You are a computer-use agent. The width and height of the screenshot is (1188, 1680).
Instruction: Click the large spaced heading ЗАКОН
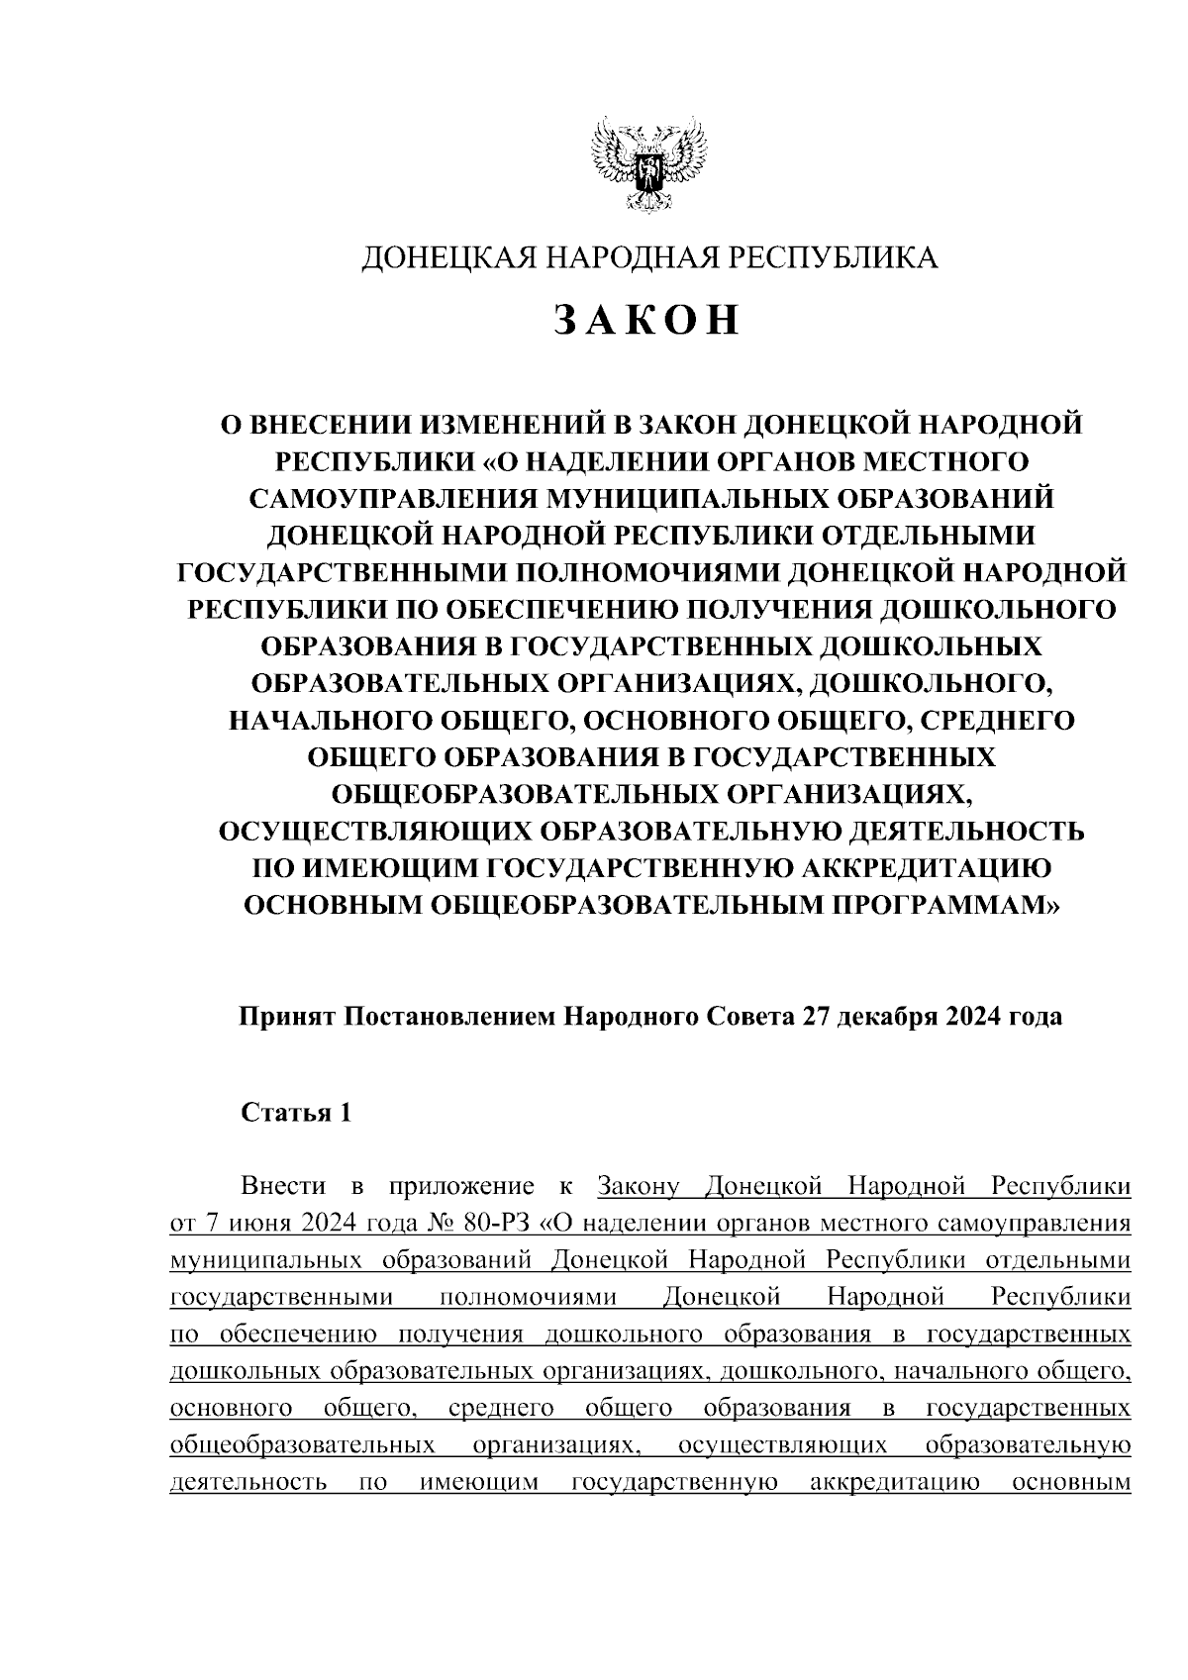(x=648, y=320)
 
